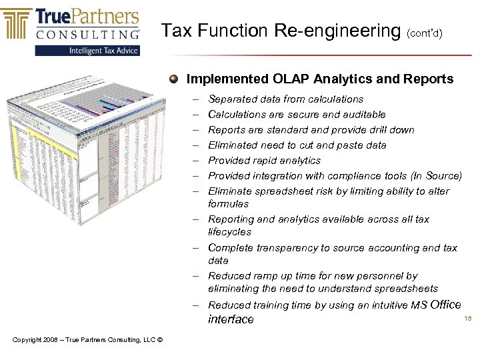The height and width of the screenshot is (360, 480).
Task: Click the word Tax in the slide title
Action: [176, 31]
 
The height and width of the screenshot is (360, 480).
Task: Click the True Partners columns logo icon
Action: [17, 23]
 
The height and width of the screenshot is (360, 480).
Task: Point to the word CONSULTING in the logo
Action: [87, 33]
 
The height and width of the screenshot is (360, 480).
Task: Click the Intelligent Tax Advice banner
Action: [87, 51]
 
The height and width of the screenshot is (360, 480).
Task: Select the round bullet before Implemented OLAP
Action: [173, 79]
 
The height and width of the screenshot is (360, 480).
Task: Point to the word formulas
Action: [228, 204]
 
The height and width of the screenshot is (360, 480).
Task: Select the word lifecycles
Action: [230, 232]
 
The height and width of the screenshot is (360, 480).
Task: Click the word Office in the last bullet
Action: [446, 305]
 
